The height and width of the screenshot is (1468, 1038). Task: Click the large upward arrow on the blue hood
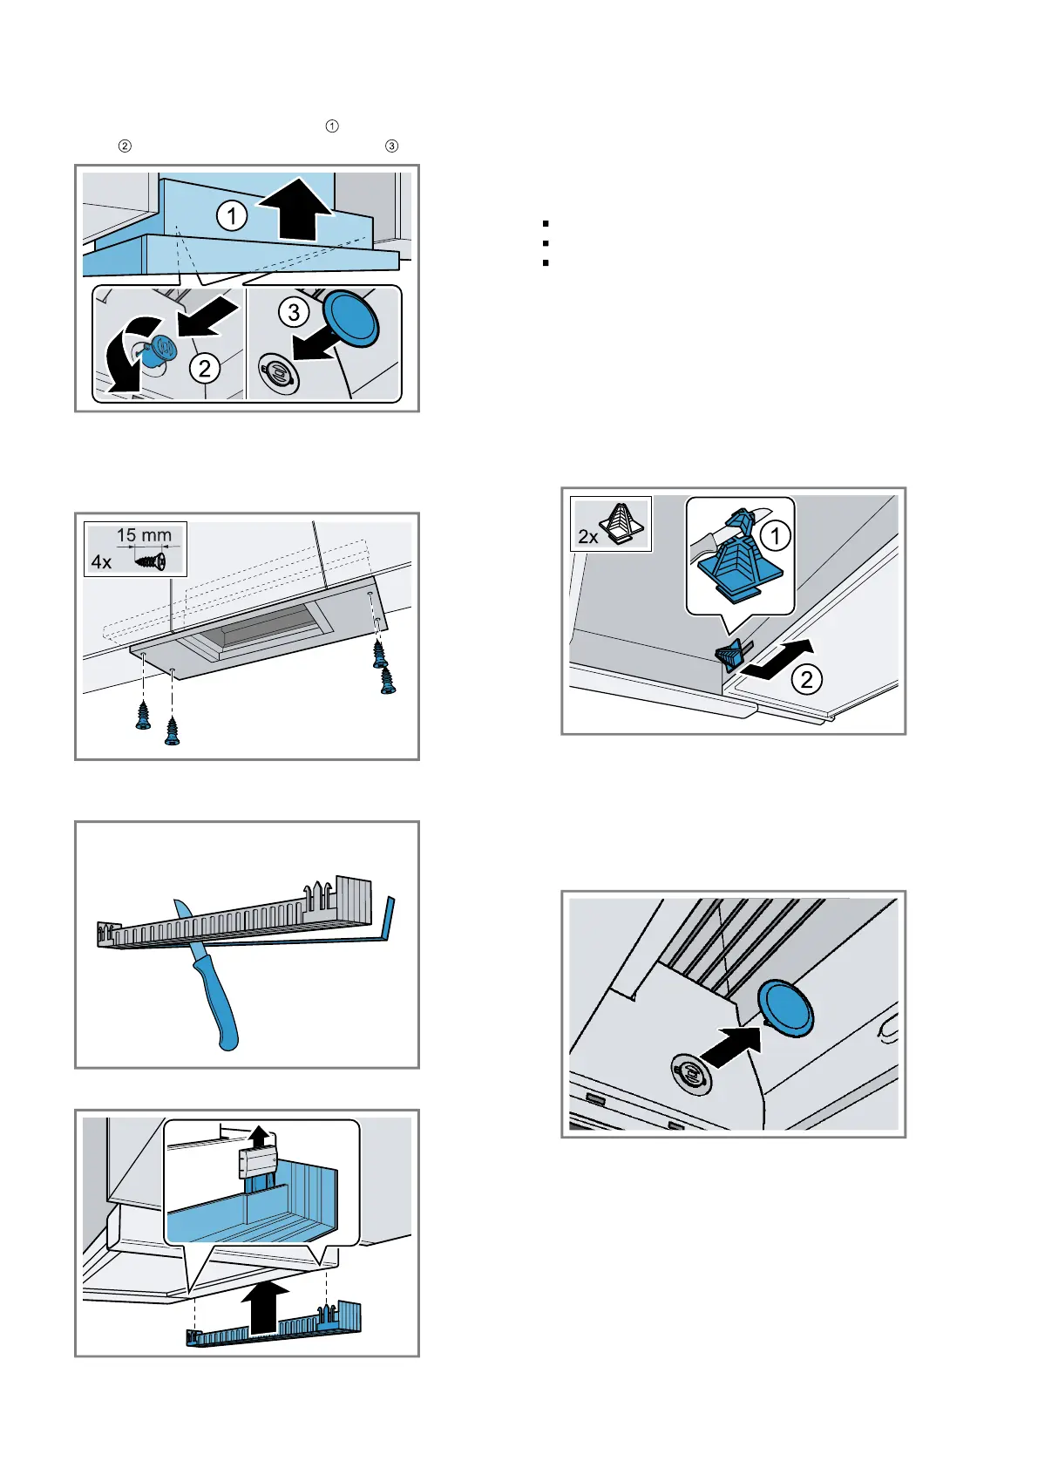[x=297, y=210]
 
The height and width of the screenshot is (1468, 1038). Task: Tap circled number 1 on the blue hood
[x=232, y=215]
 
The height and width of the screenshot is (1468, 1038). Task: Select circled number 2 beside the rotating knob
[x=205, y=369]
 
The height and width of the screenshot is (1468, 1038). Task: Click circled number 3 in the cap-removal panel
[x=294, y=311]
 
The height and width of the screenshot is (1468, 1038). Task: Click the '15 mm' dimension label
[x=144, y=535]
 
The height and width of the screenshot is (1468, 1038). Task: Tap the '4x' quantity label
[x=102, y=562]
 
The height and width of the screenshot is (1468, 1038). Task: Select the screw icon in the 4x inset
[x=152, y=561]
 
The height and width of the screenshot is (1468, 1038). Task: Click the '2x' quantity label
[x=588, y=537]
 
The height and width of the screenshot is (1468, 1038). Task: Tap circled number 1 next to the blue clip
[x=776, y=535]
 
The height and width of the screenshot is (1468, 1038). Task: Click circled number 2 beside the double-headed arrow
[x=807, y=679]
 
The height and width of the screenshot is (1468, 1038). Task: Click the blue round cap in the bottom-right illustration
[x=784, y=1009]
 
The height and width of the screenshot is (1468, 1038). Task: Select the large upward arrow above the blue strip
[x=264, y=1305]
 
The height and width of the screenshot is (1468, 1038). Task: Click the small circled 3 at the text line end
[x=392, y=146]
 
